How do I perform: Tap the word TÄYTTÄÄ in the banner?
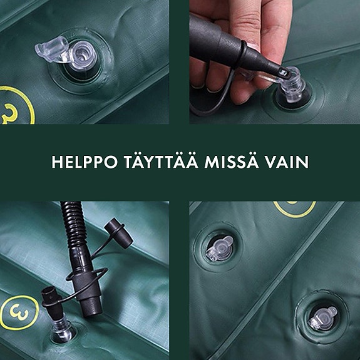(164, 162)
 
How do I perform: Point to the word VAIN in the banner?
(291, 162)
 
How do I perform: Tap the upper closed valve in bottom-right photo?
(219, 249)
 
